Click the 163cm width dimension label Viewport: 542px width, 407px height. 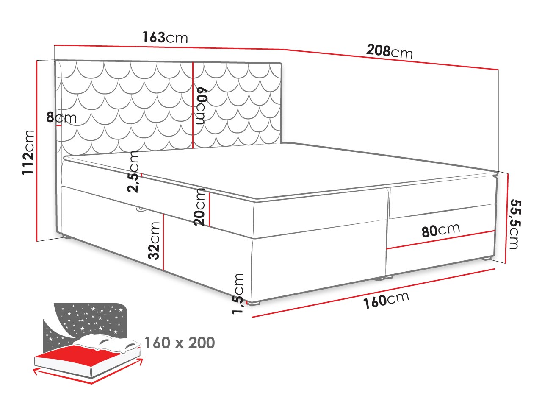click(165, 38)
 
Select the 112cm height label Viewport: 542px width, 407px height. click(28, 153)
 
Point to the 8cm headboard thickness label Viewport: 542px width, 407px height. click(61, 117)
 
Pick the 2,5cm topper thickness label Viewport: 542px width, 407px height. click(133, 172)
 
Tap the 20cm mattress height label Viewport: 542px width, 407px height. click(199, 207)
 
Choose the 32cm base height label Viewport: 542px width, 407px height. click(154, 240)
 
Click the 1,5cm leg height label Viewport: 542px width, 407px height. click(238, 293)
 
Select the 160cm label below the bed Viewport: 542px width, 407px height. click(386, 300)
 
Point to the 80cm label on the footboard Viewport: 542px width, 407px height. click(441, 230)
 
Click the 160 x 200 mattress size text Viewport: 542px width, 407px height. click(180, 343)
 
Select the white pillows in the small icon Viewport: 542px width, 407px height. click(107, 342)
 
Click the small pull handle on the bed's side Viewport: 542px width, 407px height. click(140, 209)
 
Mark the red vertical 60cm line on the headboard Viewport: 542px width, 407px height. click(193, 106)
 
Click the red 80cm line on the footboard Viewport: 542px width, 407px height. click(441, 240)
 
